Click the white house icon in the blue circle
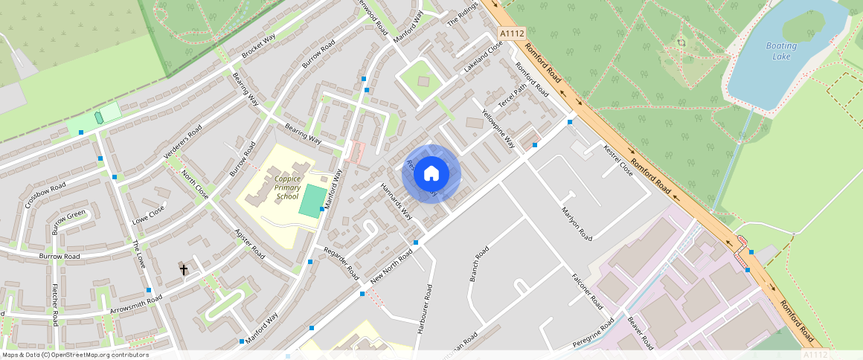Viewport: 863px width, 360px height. (431, 174)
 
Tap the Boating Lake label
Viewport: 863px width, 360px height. (781, 51)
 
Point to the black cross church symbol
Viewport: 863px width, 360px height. (184, 269)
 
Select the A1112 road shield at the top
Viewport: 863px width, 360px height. (512, 33)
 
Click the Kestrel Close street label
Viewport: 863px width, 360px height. (617, 161)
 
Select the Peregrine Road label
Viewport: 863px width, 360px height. (594, 333)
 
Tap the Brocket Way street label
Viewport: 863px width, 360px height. (259, 47)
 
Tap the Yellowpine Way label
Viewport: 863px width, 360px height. (498, 129)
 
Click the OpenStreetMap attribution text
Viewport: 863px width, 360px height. (74, 355)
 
